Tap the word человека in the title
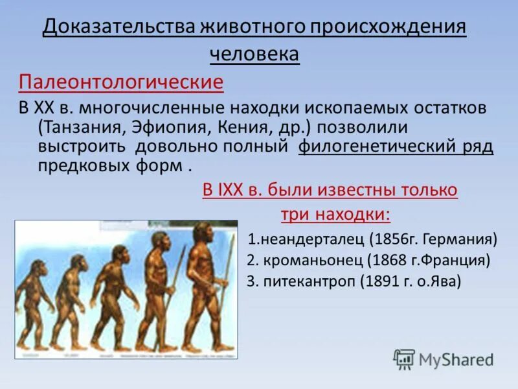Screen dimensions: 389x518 pyautogui.click(x=254, y=55)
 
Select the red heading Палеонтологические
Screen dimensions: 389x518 pyautogui.click(x=120, y=82)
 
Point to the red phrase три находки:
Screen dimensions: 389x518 pyautogui.click(x=335, y=215)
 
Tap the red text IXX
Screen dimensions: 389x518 pyautogui.click(x=234, y=190)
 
